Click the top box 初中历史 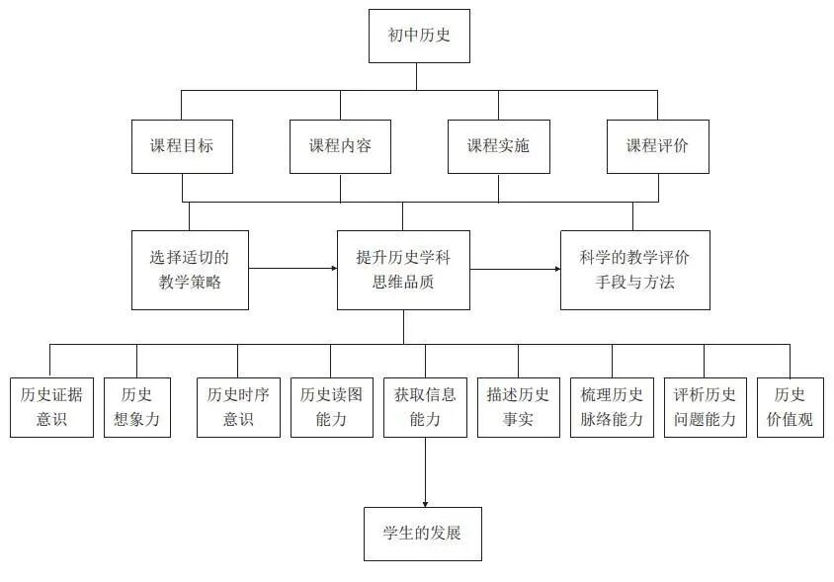(418, 37)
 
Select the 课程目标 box (183, 146)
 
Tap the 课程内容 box (341, 146)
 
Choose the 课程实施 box (498, 146)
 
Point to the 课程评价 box (657, 146)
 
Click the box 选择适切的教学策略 (190, 270)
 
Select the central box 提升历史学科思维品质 (403, 270)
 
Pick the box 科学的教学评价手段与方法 (634, 270)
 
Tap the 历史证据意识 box (51, 407)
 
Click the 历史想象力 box (137, 407)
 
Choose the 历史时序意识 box (238, 407)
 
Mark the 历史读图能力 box (331, 407)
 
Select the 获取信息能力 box (425, 407)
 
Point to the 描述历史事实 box (518, 407)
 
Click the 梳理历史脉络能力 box (612, 407)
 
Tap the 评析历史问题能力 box (705, 407)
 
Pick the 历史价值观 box (790, 407)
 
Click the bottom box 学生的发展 (423, 534)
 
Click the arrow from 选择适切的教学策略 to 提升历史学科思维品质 (292, 268)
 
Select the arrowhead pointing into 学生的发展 (425, 502)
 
